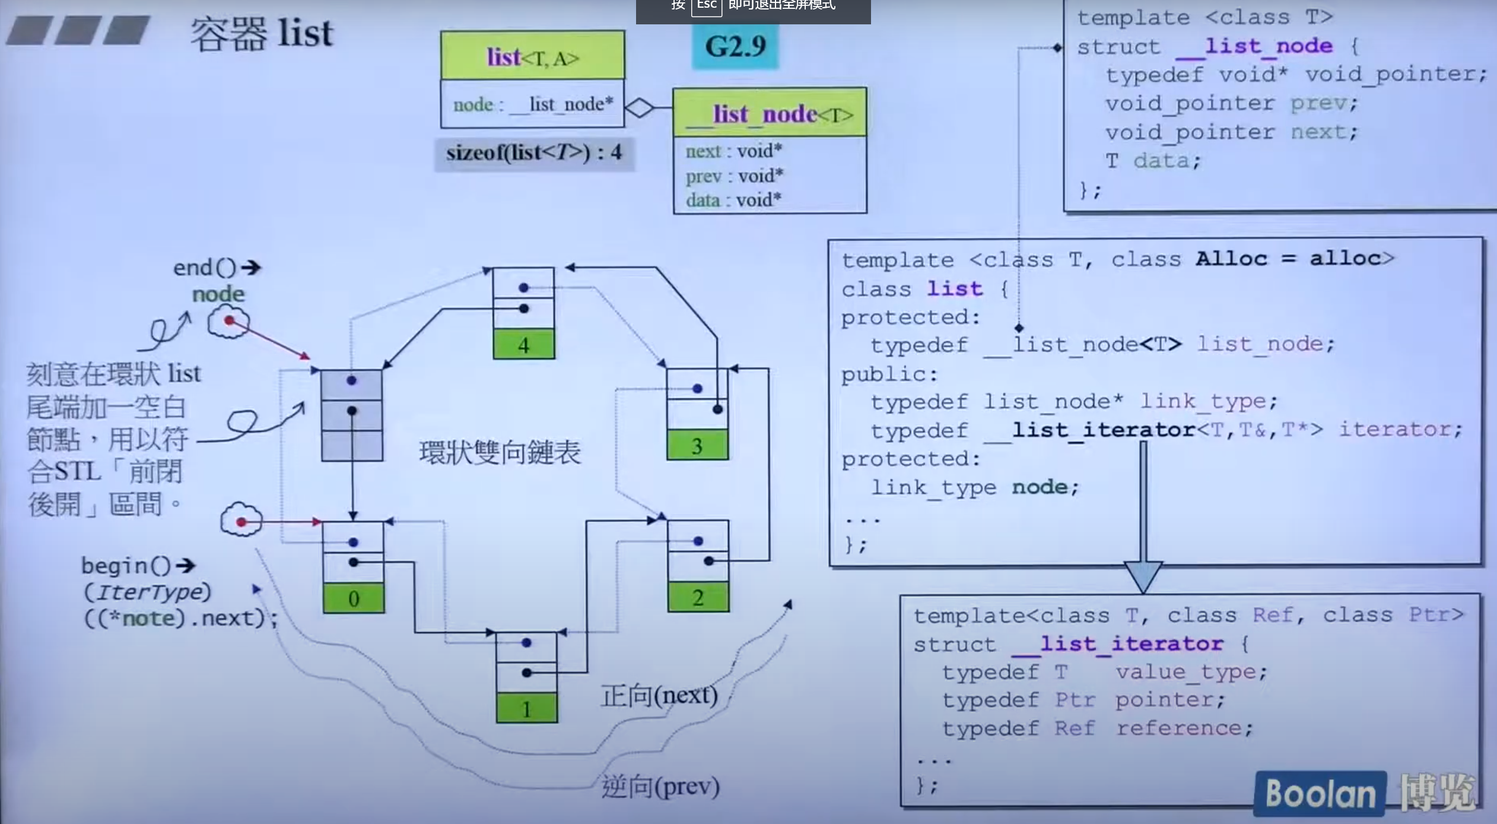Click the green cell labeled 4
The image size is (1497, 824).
tap(523, 344)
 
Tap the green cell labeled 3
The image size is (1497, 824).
tap(697, 445)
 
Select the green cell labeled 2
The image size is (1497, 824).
tap(698, 597)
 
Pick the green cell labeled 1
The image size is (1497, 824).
tap(526, 709)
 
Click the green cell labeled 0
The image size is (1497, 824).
tap(354, 598)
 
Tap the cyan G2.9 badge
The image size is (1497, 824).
tap(735, 46)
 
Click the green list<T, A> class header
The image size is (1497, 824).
tap(532, 56)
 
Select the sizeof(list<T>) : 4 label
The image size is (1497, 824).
tap(534, 153)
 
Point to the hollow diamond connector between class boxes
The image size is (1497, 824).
tap(640, 107)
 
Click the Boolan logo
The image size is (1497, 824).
tap(1320, 793)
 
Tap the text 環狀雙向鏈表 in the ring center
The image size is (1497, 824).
tap(500, 452)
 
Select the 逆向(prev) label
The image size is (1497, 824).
tap(660, 787)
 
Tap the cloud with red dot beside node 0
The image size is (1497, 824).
tap(241, 521)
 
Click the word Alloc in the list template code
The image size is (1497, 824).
tap(1231, 259)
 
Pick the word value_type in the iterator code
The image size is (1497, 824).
tap(1191, 672)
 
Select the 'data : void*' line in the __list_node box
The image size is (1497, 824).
tap(733, 200)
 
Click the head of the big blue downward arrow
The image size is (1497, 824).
tap(1143, 576)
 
